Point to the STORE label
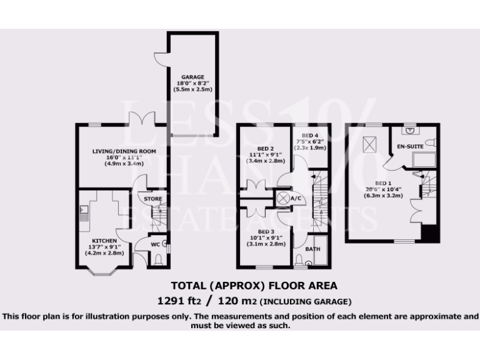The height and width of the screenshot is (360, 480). pos(153,199)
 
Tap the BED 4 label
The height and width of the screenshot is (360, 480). pos(311,136)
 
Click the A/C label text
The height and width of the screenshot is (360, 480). pos(297,199)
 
